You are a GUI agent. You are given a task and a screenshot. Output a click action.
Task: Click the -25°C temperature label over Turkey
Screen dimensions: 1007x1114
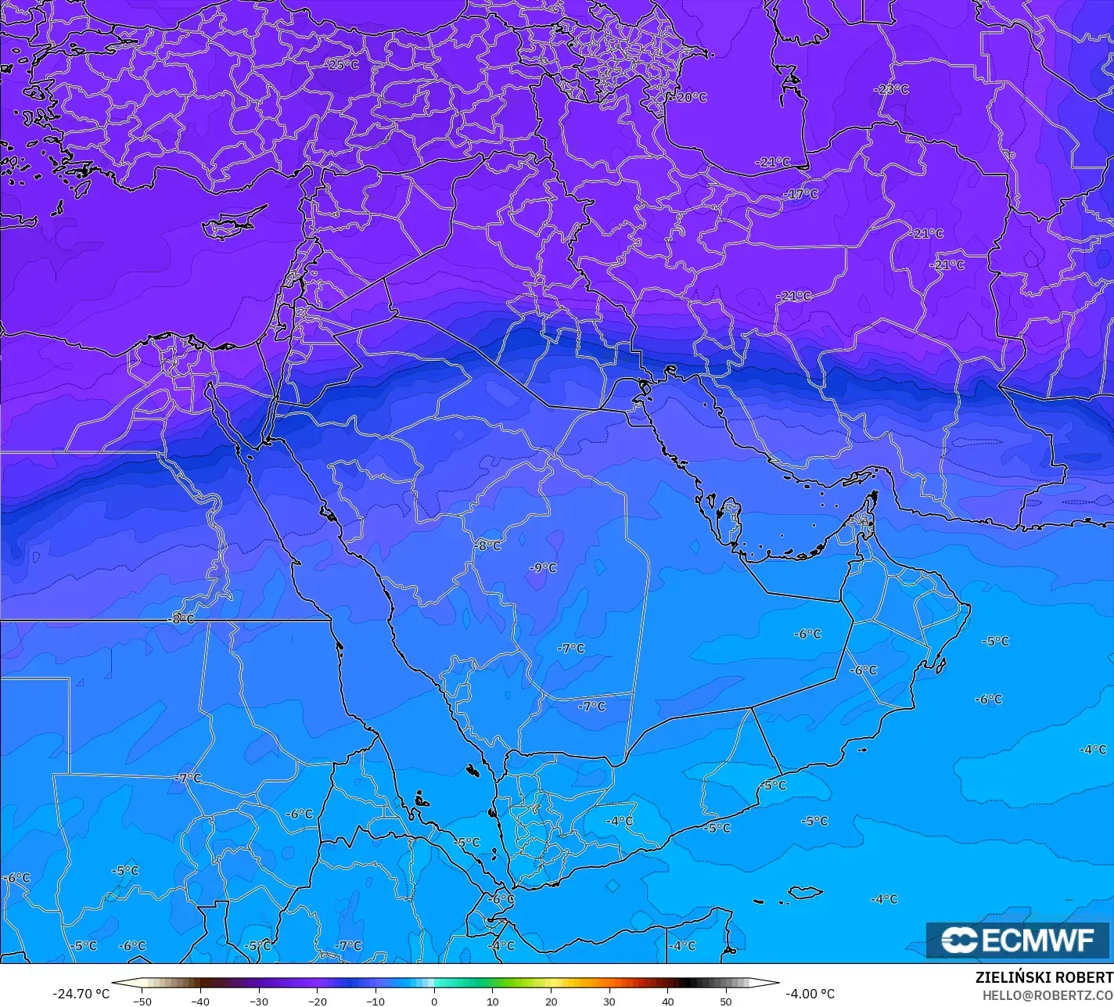[x=343, y=65]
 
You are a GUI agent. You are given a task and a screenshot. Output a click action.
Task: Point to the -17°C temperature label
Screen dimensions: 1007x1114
[x=802, y=194]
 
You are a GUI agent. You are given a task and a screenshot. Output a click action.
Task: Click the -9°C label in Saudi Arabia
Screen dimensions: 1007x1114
[x=542, y=568]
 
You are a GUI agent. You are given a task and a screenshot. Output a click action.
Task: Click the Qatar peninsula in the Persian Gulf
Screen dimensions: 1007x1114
[x=731, y=521]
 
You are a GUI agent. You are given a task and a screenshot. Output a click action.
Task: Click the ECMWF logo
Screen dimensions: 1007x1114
[x=1017, y=940]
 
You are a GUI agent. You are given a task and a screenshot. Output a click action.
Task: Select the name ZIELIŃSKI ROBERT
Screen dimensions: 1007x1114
[x=1044, y=977]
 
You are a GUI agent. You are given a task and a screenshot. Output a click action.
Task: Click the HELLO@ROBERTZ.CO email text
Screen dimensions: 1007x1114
[x=1048, y=994]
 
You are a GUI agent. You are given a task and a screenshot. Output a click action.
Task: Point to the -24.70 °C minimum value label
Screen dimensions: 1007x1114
[x=81, y=994]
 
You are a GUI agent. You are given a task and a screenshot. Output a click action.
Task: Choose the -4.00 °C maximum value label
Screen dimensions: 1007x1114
[x=810, y=994]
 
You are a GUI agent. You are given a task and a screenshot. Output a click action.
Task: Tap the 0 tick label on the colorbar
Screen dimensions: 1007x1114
[x=434, y=1001]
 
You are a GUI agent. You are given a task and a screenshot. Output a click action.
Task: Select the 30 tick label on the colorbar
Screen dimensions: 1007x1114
[x=609, y=1001]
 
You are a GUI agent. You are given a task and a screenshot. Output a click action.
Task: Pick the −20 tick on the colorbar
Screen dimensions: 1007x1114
[x=317, y=1001]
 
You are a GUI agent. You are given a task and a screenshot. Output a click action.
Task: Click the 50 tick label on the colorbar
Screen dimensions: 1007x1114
[x=726, y=1001]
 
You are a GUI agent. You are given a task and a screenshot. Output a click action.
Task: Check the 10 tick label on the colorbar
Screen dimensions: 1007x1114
[x=493, y=1001]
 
